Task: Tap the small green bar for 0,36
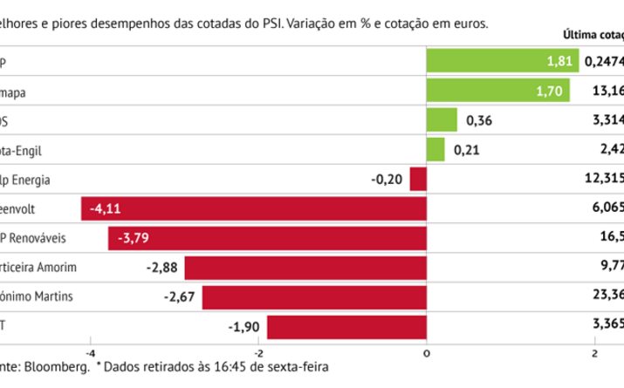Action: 442,120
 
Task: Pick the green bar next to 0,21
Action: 435,150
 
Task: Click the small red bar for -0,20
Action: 418,180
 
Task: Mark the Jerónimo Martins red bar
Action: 314,297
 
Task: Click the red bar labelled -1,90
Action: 346,327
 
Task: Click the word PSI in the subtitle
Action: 272,22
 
